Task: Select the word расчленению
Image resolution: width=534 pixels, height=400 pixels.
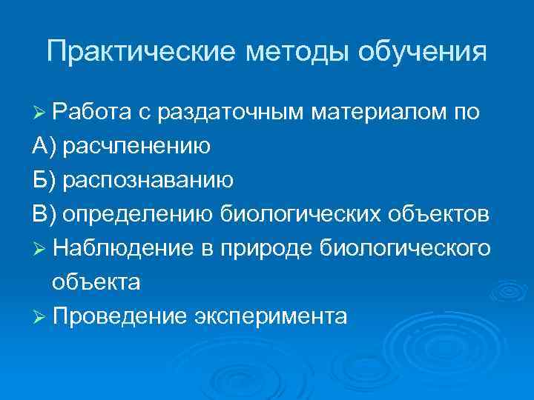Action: point(137,146)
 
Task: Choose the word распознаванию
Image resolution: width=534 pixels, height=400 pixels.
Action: point(148,179)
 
